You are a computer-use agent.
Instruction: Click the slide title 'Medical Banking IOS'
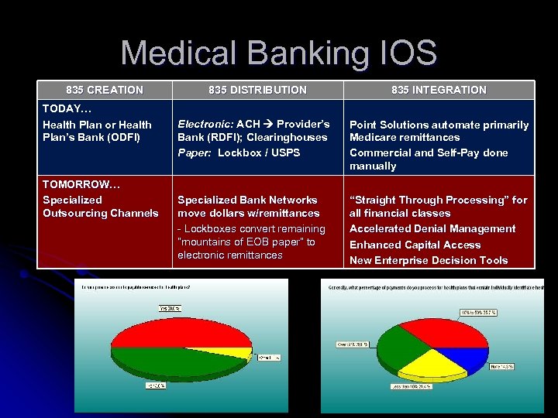[x=279, y=53]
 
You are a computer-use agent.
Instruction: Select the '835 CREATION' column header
[x=105, y=90]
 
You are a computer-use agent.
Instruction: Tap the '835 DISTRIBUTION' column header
[x=257, y=90]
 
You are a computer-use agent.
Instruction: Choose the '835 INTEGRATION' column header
[x=439, y=90]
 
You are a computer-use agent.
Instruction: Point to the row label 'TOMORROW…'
[x=75, y=184]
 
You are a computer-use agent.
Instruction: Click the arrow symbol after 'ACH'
[x=268, y=124]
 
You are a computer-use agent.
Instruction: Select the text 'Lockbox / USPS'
[x=259, y=152]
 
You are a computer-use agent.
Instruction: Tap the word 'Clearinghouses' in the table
[x=289, y=138]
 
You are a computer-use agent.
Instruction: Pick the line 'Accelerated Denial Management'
[x=432, y=228]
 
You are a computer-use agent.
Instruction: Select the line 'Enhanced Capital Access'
[x=415, y=245]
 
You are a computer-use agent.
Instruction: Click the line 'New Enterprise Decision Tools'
[x=429, y=260]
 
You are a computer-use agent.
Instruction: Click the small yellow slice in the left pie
[x=246, y=354]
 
